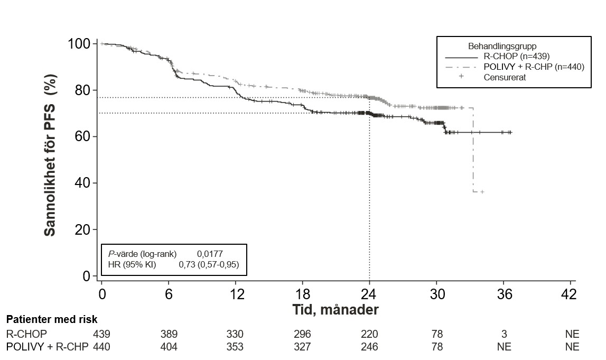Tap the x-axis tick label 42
pos(571,294)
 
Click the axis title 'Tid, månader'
pos(335,310)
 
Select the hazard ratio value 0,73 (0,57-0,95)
pos(209,265)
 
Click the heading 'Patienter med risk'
pos(52,320)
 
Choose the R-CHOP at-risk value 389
pos(169,334)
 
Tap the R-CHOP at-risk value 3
pos(504,334)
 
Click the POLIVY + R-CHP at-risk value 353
pos(235,347)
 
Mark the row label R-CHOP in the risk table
pos(26,334)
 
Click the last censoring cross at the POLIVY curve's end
pos(482,191)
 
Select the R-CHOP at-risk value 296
pos(303,334)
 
